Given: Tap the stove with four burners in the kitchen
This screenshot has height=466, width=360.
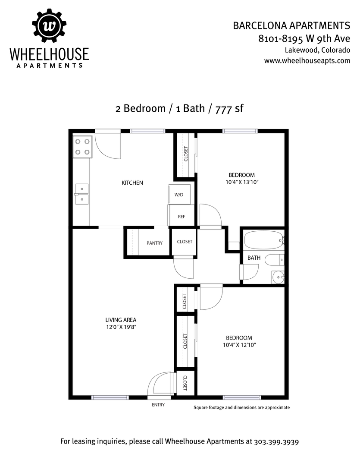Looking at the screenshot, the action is coord(83,147).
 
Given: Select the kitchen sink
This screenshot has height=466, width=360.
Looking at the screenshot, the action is coord(81,194).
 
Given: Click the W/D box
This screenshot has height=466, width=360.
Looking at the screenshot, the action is coord(179,194).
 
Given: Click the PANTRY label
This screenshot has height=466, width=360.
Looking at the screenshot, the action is coord(154,243).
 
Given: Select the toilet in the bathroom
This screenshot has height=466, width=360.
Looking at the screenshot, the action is coord(274,260).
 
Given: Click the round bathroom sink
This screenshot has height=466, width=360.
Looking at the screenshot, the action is coord(279,277).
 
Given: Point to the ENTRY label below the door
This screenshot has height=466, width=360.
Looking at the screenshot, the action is coord(158,405).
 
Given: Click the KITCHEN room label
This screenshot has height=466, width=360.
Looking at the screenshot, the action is coord(132,183).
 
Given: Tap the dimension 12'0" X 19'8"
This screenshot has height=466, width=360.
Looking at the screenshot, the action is coord(121,327).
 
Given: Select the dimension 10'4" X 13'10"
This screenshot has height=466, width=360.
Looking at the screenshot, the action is coord(242,182).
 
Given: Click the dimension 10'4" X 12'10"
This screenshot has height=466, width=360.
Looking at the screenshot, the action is coord(239,345).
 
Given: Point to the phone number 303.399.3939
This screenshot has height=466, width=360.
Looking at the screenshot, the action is coord(276,442).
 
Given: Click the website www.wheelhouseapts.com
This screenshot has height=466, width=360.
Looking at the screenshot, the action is coord(307,61).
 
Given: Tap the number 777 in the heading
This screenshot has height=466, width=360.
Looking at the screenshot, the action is coord(223,109).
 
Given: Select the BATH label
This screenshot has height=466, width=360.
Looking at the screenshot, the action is coord(254,258).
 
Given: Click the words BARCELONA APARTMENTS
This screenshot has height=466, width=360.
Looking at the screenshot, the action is coord(291,26).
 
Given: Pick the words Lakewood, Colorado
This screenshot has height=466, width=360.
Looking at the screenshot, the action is coord(317,50).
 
